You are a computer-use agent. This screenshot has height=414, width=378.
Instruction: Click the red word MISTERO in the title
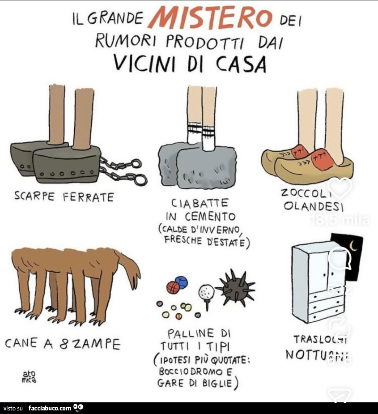click(210, 17)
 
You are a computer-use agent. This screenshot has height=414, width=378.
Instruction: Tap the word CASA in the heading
click(241, 64)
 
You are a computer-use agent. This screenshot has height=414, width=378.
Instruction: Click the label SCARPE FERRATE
click(64, 196)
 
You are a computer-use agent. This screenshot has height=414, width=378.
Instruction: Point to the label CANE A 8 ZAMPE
click(63, 344)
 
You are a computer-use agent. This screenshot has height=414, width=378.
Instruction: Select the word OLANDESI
click(313, 207)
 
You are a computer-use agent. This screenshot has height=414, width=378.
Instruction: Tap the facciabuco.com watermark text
click(49, 408)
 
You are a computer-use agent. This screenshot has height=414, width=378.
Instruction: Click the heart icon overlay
click(340, 188)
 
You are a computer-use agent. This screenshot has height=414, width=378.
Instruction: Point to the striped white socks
click(202, 134)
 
